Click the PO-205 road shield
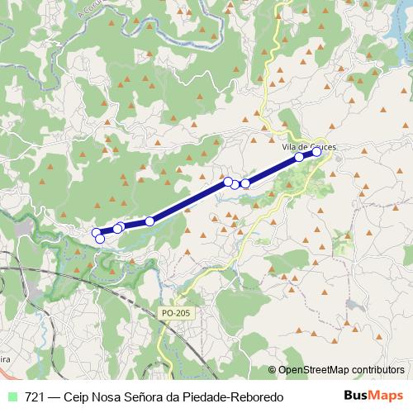click(x=175, y=313)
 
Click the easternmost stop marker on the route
click(x=316, y=152)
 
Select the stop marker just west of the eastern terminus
click(x=299, y=157)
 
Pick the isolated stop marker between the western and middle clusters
click(x=150, y=221)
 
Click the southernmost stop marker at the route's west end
click(x=101, y=239)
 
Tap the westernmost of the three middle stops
click(x=227, y=181)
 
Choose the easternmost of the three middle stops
click(x=245, y=183)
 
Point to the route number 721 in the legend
click(x=35, y=397)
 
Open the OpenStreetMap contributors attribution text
click(x=340, y=370)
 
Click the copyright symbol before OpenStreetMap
click(x=273, y=370)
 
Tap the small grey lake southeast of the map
click(x=353, y=305)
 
